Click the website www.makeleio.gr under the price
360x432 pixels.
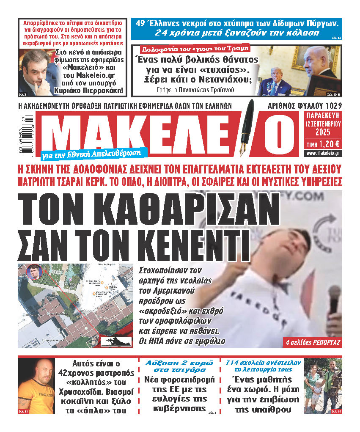pyautogui.click(x=324, y=153)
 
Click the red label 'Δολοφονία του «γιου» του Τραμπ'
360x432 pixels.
pyautogui.click(x=191, y=48)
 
